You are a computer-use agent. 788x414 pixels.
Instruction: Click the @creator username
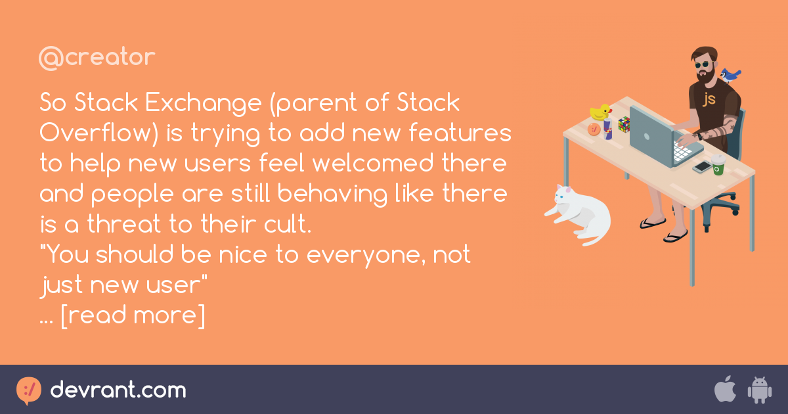97,58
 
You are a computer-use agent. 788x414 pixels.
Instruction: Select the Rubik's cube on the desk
623,124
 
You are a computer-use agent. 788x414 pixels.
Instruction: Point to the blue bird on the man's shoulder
730,74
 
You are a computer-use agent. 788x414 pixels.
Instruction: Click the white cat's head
564,195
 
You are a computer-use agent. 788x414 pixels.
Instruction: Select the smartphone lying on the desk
702,167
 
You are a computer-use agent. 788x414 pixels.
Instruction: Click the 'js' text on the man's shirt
709,99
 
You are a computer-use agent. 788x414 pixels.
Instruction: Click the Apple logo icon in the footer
724,390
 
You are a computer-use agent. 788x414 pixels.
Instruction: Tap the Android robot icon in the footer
759,390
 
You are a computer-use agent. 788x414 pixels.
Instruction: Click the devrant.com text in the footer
118,390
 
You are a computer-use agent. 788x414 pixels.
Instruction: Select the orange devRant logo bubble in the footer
29,390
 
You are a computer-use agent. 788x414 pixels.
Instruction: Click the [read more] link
133,315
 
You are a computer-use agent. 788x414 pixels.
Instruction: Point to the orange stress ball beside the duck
594,129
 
